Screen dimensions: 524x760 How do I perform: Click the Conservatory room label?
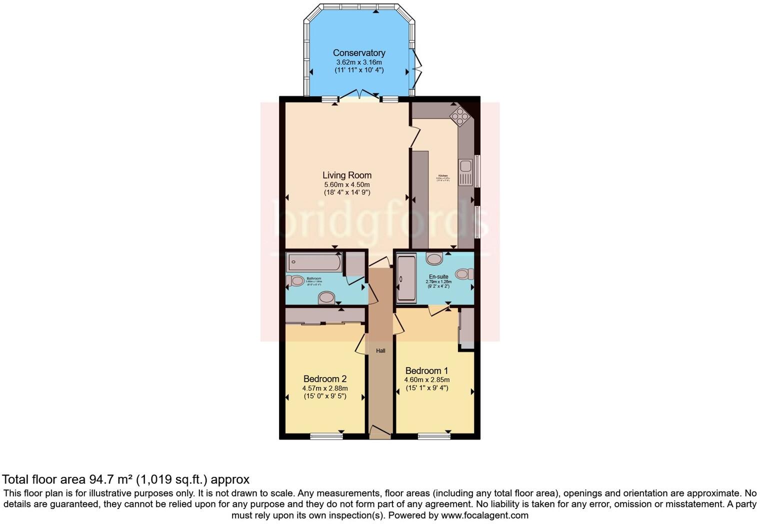pyautogui.click(x=359, y=53)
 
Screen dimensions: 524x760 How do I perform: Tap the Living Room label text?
pyautogui.click(x=346, y=175)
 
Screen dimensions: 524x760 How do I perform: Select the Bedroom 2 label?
pyautogui.click(x=325, y=379)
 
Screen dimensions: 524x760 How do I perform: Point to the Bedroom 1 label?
pyautogui.click(x=426, y=370)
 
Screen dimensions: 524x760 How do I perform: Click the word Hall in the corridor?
pyautogui.click(x=380, y=350)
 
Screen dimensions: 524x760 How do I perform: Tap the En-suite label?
pyautogui.click(x=438, y=276)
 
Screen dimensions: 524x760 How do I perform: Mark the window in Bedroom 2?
pyautogui.click(x=326, y=436)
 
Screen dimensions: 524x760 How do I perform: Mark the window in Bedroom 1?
pyautogui.click(x=434, y=436)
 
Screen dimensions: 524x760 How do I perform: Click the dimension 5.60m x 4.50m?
pyautogui.click(x=346, y=184)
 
